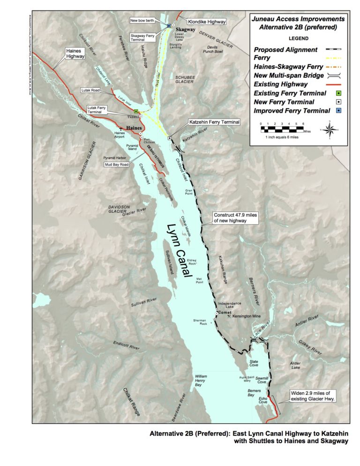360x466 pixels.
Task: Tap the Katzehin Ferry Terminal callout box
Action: (x=214, y=122)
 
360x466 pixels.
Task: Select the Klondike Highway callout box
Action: (x=206, y=22)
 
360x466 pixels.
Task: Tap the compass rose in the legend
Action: (x=330, y=129)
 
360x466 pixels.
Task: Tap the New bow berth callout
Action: (x=146, y=21)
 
